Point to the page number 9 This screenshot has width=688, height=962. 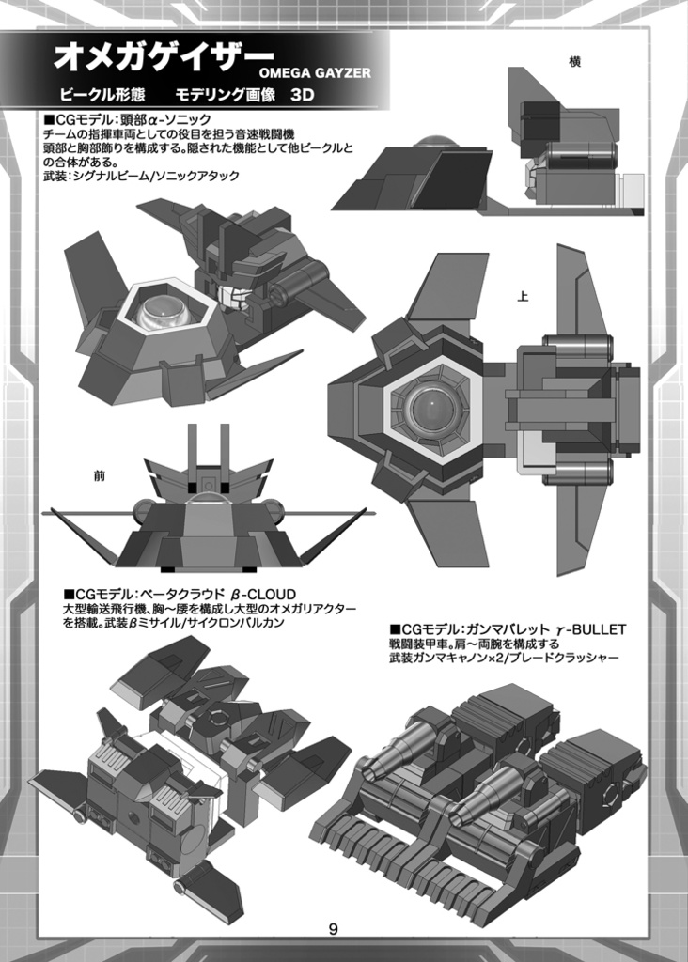pyautogui.click(x=334, y=929)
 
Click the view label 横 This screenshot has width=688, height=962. pyautogui.click(x=575, y=62)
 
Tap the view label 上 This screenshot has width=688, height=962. pyautogui.click(x=523, y=297)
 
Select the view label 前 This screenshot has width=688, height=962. pyautogui.click(x=100, y=475)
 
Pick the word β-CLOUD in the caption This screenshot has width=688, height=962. pyautogui.click(x=263, y=595)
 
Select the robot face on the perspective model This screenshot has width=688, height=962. pyautogui.click(x=235, y=298)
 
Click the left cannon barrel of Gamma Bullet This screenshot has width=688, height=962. pyautogui.click(x=395, y=747)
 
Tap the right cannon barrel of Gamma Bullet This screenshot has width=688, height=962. pyautogui.click(x=484, y=795)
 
